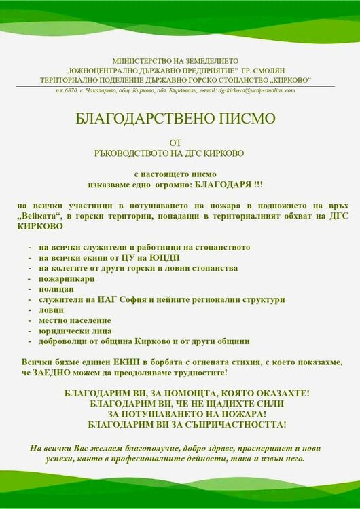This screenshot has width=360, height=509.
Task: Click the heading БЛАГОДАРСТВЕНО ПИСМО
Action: tap(180, 119)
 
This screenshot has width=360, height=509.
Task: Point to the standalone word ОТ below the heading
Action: tap(179, 142)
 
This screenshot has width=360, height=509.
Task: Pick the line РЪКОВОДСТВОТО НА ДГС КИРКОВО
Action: tap(179, 154)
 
